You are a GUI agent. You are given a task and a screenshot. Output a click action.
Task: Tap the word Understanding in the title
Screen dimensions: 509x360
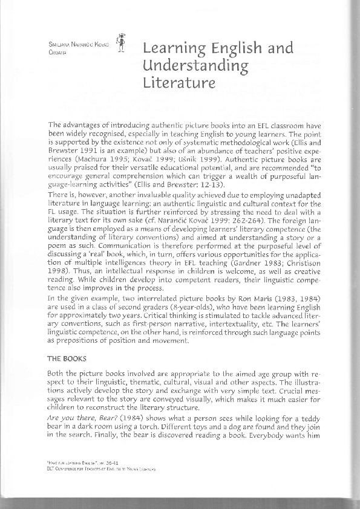(187, 65)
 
